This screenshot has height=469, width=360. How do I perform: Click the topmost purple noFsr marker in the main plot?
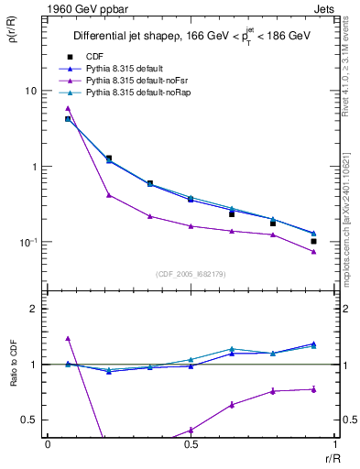coord(68,108)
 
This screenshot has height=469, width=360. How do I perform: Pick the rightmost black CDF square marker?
coord(313,242)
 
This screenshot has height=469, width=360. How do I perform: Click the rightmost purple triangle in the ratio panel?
coord(313,389)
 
